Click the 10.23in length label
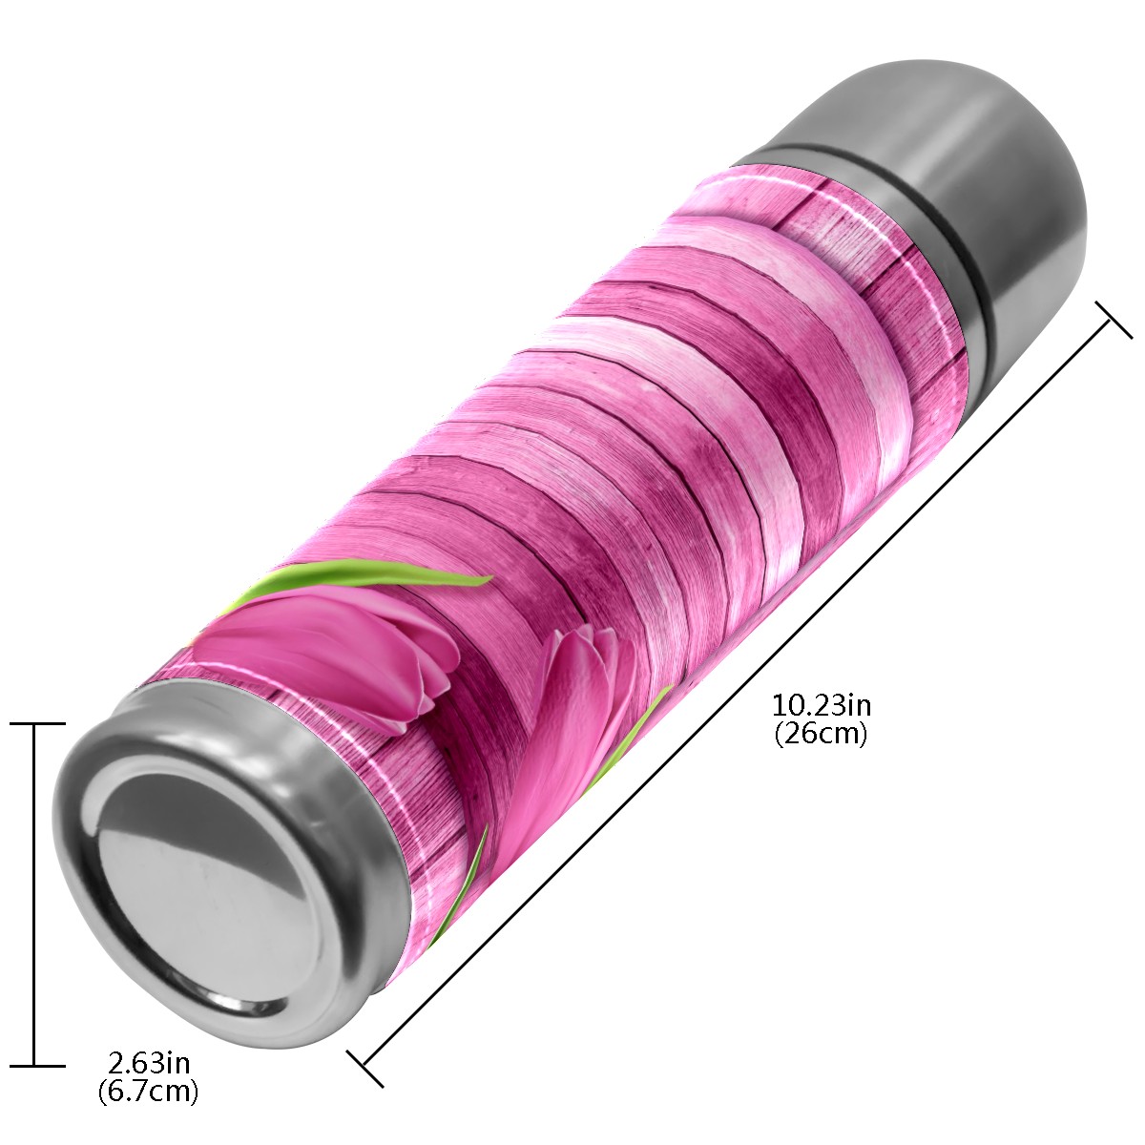pos(822,706)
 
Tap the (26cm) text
pos(822,735)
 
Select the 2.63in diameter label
pos(149,1062)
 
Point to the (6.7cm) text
pos(149,1091)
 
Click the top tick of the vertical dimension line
pos(37,723)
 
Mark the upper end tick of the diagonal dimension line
pos(1114,320)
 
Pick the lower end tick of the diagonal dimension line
pos(364,1069)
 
